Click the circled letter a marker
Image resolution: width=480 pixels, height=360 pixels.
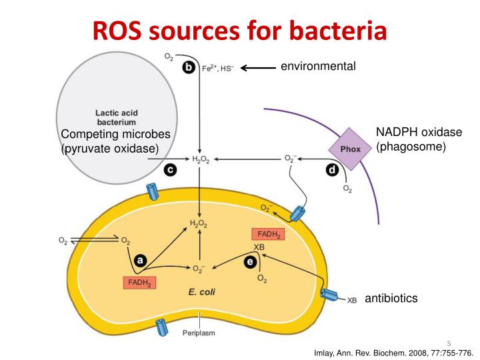[x=140, y=260]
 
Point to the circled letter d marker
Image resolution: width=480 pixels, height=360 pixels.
[x=332, y=171]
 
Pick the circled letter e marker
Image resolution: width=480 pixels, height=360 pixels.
[x=249, y=262]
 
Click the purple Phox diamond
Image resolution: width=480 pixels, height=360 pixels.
[x=350, y=149]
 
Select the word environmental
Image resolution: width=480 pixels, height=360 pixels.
[x=318, y=66]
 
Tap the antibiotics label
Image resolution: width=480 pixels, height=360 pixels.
[x=391, y=298]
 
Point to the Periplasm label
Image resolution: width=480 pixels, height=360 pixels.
[x=199, y=333]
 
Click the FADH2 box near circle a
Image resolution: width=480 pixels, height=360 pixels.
[x=139, y=283]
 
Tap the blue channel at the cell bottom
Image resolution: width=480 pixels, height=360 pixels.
[x=161, y=327]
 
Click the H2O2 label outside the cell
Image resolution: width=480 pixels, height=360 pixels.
[x=201, y=160]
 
